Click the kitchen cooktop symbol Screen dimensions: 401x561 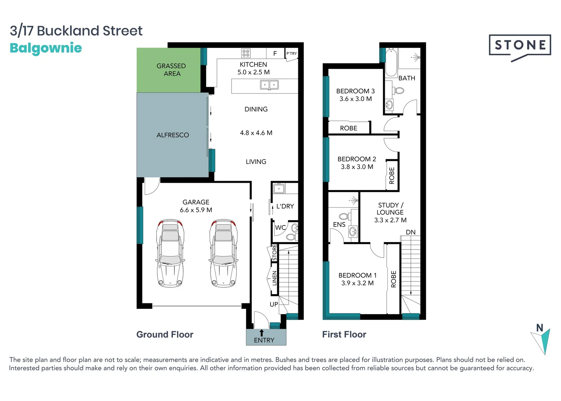[x=246, y=53]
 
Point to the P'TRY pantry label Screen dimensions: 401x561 [x=292, y=53]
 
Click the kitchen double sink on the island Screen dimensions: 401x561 [x=269, y=85]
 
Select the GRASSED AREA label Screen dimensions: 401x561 [x=171, y=70]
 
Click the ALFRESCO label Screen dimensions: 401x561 [x=173, y=135]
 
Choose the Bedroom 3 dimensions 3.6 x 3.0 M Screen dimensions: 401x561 [x=355, y=99]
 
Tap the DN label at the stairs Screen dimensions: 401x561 [x=410, y=232]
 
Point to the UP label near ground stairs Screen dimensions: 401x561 [x=274, y=304]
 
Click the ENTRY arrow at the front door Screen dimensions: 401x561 [x=262, y=333]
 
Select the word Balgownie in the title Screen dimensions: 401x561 [x=46, y=48]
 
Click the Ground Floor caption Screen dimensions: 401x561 [x=165, y=335]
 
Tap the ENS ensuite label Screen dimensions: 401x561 [x=339, y=225]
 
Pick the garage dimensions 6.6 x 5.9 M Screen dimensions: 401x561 [x=196, y=210]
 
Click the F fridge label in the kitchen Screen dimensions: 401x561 [x=275, y=53]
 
